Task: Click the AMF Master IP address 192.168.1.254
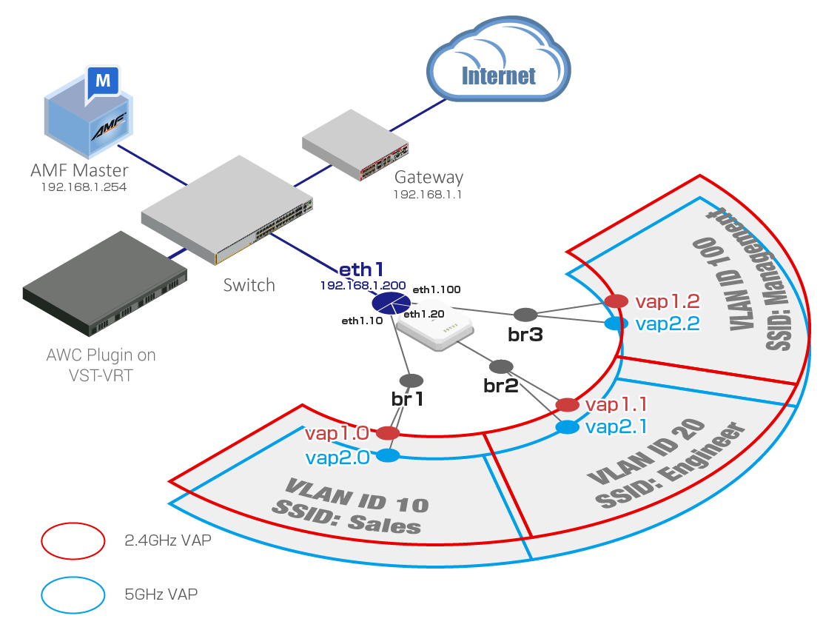click(84, 187)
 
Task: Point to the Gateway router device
click(356, 147)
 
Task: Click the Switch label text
click(249, 285)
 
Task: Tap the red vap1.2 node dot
click(616, 301)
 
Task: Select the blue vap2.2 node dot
click(612, 324)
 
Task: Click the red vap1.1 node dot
click(567, 404)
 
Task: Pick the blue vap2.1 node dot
click(568, 427)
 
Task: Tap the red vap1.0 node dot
click(388, 432)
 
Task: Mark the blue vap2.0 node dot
click(389, 456)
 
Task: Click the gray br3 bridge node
click(525, 315)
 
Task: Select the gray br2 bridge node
click(501, 366)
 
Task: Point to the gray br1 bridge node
click(411, 381)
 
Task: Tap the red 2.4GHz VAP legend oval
click(73, 540)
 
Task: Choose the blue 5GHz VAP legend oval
click(73, 594)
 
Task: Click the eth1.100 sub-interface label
click(436, 289)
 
